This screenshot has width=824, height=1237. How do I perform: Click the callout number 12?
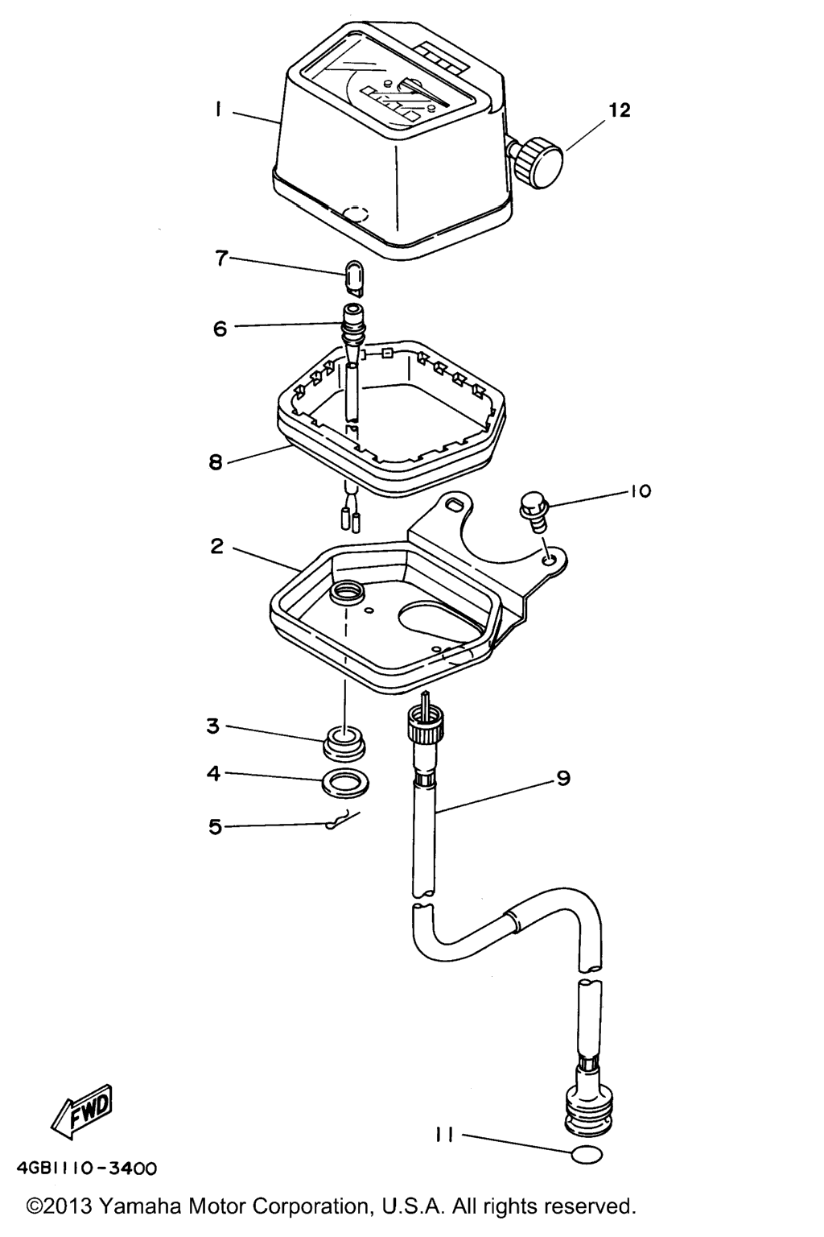[x=620, y=110]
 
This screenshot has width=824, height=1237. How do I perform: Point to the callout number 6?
[x=220, y=329]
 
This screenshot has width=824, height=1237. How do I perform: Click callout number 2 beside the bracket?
[x=217, y=547]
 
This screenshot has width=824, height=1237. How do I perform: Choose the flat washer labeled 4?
[x=345, y=783]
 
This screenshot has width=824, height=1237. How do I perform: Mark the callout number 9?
[x=563, y=778]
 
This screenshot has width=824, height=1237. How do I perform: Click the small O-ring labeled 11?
[x=587, y=1154]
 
